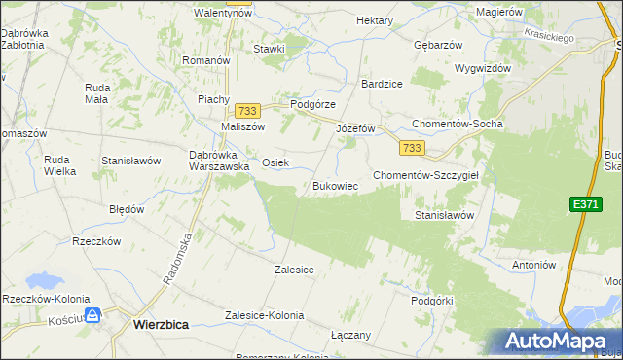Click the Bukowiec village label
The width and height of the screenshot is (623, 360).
tap(336, 186)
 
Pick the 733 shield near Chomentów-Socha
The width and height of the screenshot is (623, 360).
tap(412, 147)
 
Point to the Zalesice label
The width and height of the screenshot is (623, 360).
tap(294, 270)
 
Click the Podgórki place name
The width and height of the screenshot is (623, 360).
tap(432, 302)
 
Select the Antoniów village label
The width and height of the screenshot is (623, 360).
tap(533, 265)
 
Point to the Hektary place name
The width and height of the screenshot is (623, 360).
tap(375, 20)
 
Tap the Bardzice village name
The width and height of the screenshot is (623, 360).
tap(382, 85)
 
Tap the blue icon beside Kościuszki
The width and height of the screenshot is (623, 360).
tap(92, 315)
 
